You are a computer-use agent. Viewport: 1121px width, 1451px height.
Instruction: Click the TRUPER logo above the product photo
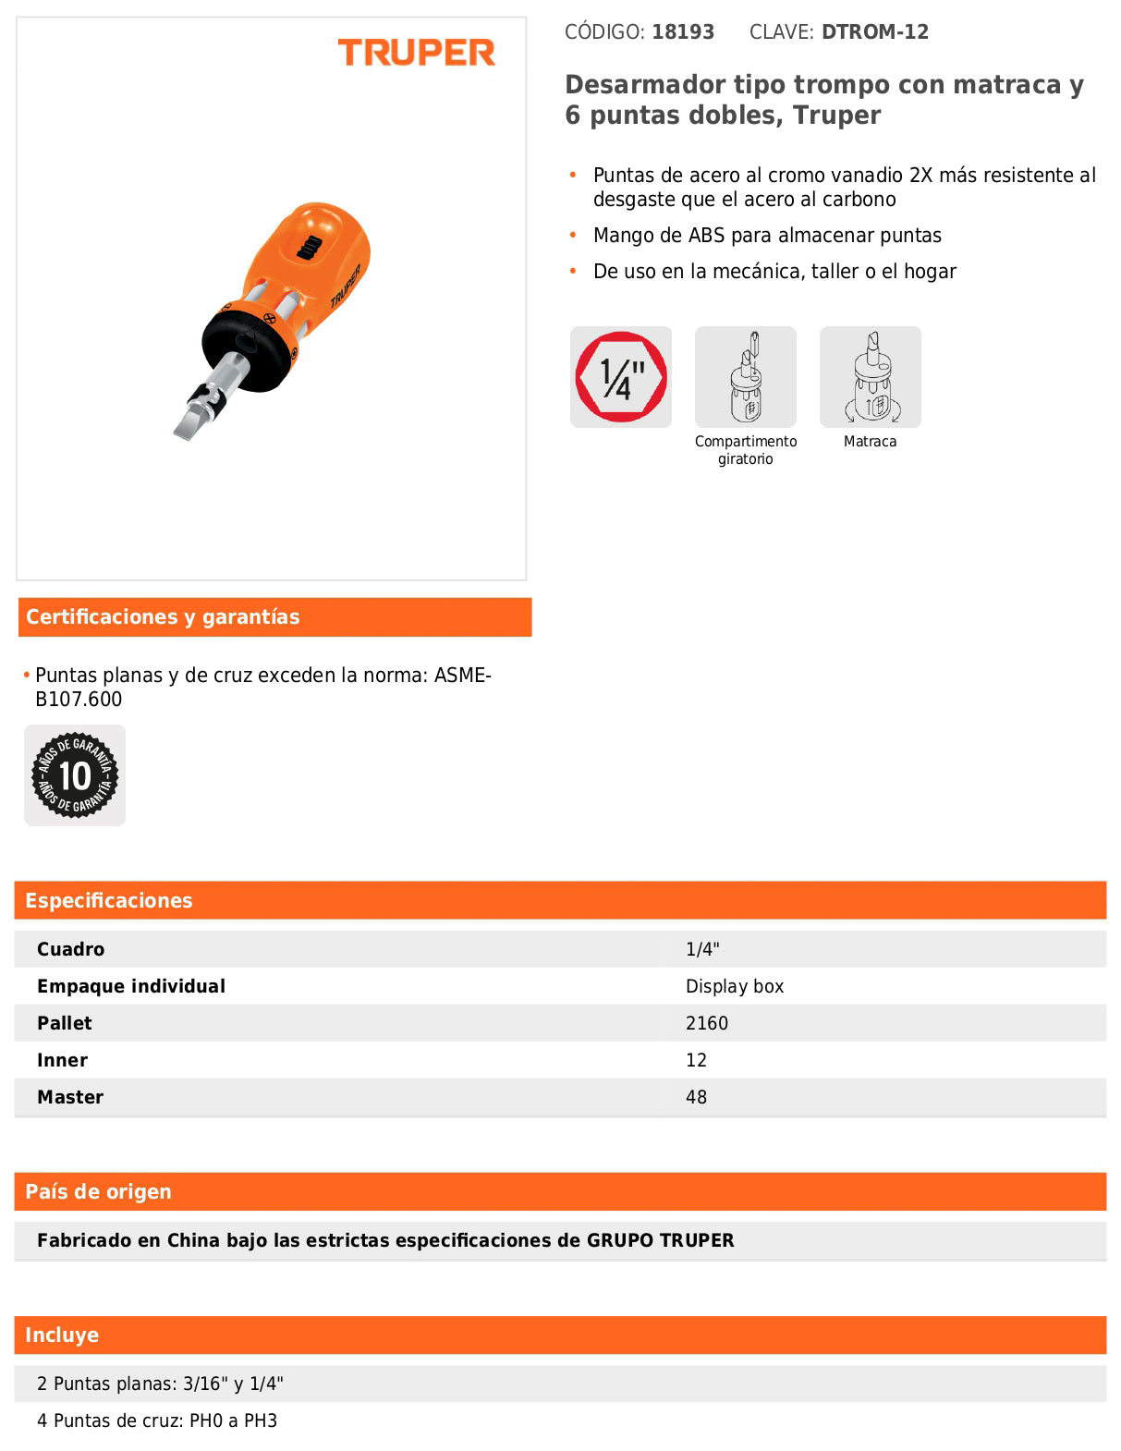point(416,53)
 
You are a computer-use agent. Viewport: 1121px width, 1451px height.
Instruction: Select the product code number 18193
point(683,32)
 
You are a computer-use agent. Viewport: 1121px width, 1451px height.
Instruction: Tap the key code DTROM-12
point(875,32)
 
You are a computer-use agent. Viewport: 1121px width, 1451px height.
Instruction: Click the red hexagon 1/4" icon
point(621,377)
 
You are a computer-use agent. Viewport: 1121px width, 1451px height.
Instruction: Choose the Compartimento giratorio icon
point(745,377)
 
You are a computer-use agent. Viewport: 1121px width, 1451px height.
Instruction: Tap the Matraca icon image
point(870,377)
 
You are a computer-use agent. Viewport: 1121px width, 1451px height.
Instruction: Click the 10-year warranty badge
point(75,774)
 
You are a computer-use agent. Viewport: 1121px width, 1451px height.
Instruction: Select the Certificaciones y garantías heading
point(163,617)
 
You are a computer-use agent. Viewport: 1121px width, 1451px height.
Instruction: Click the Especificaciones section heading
point(109,901)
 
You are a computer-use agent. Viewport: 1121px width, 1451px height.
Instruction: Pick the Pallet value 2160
point(707,1023)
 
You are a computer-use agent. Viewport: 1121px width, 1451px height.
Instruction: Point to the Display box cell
point(735,986)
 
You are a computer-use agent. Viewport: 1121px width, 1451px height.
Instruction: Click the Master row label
point(70,1097)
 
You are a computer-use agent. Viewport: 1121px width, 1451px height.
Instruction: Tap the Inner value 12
point(696,1060)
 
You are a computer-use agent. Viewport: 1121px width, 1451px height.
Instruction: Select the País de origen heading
point(99,1192)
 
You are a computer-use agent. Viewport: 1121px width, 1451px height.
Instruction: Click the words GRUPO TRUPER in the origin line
point(660,1240)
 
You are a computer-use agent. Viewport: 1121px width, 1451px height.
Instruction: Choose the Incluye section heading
point(62,1335)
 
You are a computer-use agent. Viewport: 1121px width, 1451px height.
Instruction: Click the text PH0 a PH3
point(233,1421)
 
